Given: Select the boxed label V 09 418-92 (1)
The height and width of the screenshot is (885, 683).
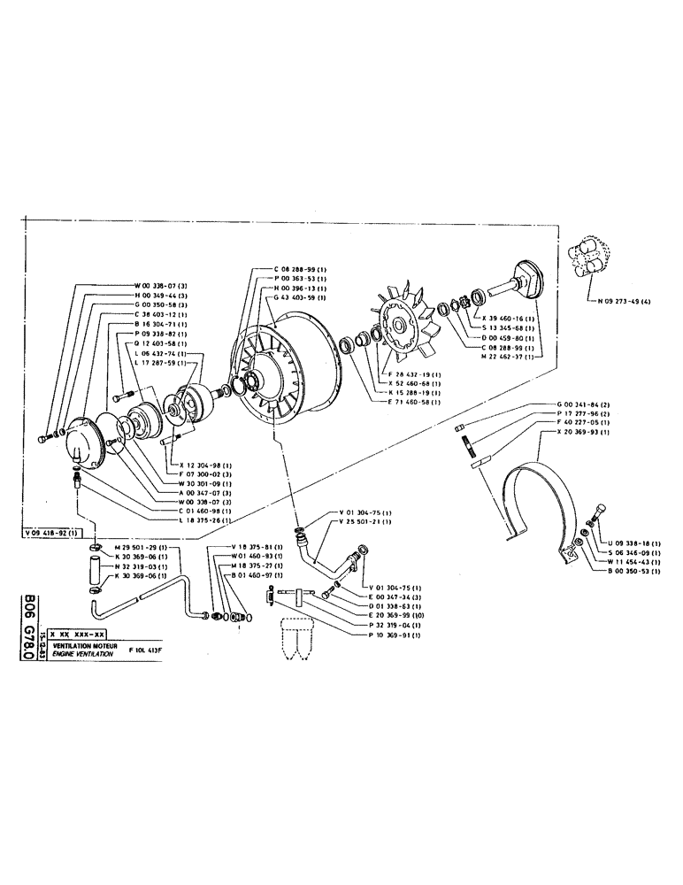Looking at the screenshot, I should point(50,532).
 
